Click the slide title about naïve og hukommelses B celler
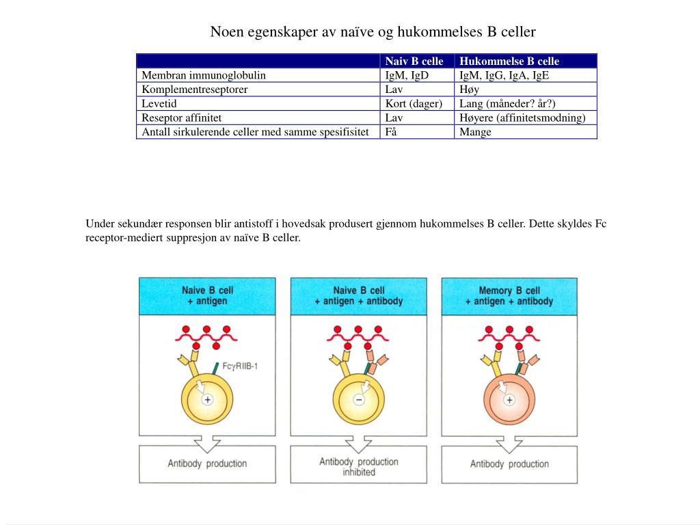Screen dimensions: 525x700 click(x=373, y=32)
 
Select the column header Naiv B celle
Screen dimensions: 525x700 click(x=414, y=62)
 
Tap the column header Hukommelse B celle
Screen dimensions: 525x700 click(x=509, y=62)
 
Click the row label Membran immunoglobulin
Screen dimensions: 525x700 click(x=204, y=75)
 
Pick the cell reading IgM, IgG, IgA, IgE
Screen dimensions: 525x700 click(x=504, y=75)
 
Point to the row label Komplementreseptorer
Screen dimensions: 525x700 click(x=195, y=90)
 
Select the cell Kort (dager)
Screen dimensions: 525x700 click(x=414, y=104)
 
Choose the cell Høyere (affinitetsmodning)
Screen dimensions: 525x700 click(x=522, y=118)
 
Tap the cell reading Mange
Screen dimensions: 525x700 click(x=475, y=132)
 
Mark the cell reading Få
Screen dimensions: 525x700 click(x=391, y=132)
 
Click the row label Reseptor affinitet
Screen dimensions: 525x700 click(x=181, y=118)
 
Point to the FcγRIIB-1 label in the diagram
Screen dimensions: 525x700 click(x=240, y=366)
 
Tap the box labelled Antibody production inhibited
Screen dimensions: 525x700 click(x=358, y=466)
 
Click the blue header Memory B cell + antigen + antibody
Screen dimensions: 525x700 click(x=509, y=296)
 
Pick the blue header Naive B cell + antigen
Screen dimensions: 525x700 click(x=207, y=296)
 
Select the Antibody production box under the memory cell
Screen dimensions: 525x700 click(x=509, y=464)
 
